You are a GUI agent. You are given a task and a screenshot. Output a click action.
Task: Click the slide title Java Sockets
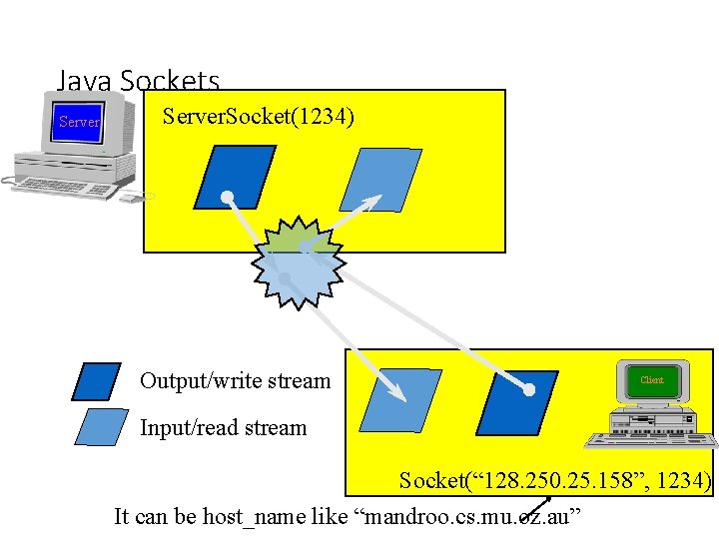[138, 81]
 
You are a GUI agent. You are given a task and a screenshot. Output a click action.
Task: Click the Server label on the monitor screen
[79, 123]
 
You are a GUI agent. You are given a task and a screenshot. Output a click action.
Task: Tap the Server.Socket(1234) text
[258, 117]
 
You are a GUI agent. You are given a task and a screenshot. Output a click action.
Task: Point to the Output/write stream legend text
[235, 380]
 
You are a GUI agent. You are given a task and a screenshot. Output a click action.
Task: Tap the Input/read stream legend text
[223, 428]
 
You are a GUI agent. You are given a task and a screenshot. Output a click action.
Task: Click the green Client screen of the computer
[651, 380]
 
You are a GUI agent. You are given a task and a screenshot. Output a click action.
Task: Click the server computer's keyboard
[65, 186]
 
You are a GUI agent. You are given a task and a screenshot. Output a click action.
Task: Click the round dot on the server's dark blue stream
[228, 196]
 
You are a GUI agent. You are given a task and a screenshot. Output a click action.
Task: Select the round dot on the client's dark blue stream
[529, 389]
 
